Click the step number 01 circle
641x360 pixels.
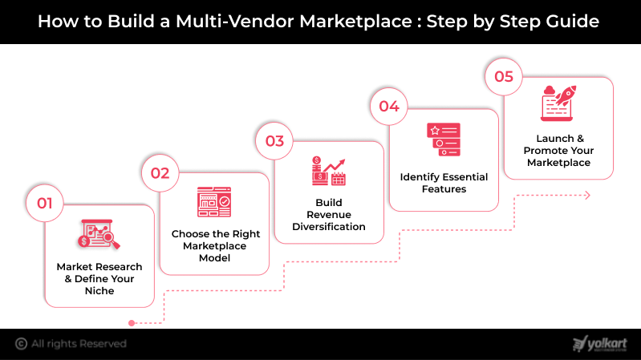pos(44,204)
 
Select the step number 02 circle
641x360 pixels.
pos(160,172)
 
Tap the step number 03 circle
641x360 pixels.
pos(274,141)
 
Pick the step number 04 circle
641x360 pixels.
pos(389,107)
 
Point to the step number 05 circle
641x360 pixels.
pos(504,76)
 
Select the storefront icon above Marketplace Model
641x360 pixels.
pos(214,202)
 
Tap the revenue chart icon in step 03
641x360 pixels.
pos(329,171)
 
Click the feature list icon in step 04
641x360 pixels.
pos(444,139)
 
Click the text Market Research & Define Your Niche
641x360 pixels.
pos(99,278)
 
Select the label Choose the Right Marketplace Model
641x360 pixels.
pos(214,246)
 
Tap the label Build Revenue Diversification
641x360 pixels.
pos(329,214)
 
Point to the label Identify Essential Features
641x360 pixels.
pos(444,183)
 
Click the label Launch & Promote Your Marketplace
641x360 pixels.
pos(558,151)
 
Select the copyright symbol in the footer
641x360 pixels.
pos(20,343)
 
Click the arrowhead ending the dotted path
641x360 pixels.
pos(587,195)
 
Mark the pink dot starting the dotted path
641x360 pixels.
pos(132,322)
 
